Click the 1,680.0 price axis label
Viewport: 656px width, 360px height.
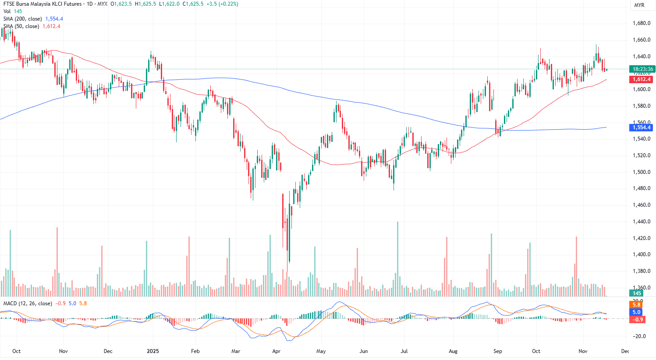[641, 23]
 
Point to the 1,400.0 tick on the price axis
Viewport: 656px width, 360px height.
[641, 254]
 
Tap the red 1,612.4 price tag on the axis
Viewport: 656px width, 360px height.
[641, 79]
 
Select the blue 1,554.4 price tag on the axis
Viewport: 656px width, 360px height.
[641, 127]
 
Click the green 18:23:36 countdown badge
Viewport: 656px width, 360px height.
[642, 69]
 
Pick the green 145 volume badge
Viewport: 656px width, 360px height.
[637, 293]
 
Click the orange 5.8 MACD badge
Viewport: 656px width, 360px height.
[636, 305]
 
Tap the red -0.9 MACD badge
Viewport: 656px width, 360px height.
[638, 320]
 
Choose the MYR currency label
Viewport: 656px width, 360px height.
[639, 5]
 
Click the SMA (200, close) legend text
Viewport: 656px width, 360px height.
[23, 19]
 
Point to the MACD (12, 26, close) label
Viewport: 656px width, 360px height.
[28, 304]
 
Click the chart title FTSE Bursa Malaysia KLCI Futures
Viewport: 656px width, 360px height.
[43, 4]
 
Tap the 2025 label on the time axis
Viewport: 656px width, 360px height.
[152, 351]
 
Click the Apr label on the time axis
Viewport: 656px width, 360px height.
[276, 351]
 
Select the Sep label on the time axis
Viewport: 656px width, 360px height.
[497, 351]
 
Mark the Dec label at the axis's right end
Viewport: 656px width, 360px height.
[625, 351]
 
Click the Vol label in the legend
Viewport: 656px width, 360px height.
[7, 11]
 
